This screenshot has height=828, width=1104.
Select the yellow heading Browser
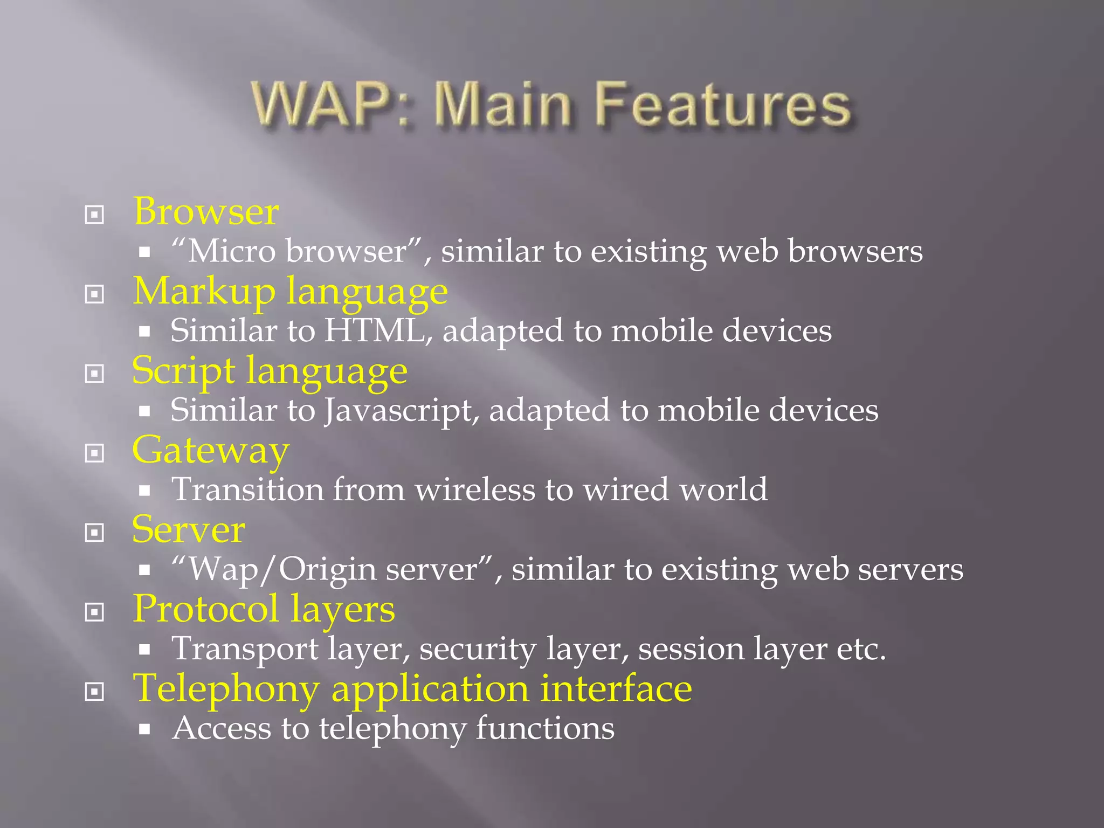(206, 211)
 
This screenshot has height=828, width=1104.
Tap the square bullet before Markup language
(94, 294)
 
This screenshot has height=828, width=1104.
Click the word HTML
(374, 330)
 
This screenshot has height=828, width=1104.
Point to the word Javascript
(401, 411)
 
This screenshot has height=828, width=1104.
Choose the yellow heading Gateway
(211, 451)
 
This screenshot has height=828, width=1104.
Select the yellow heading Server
(189, 530)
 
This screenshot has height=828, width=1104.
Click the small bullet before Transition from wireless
(144, 491)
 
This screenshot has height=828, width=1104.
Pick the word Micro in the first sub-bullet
(232, 252)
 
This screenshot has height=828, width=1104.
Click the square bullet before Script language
(94, 374)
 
